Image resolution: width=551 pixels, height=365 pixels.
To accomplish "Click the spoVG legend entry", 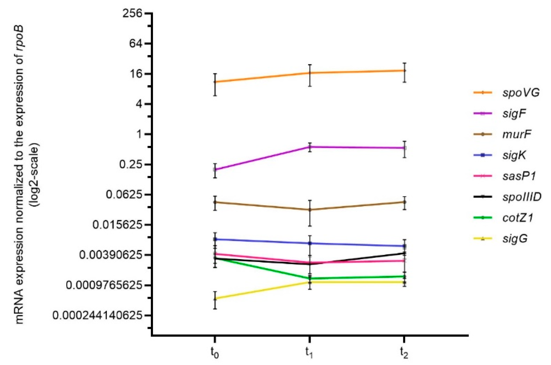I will click(x=521, y=93).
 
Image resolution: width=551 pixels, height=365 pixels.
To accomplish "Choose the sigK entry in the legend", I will click(x=514, y=155).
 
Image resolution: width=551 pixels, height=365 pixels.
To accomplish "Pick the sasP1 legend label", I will click(x=519, y=176).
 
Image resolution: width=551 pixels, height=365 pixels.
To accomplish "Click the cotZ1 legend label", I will click(x=517, y=218).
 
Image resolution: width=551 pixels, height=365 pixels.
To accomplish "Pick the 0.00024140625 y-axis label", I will click(x=97, y=315).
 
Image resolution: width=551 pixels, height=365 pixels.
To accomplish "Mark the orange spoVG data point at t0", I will click(x=215, y=82).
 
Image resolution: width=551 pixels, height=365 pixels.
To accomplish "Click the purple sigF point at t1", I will click(x=310, y=147).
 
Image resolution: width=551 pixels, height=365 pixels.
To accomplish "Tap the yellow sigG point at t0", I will click(x=215, y=298).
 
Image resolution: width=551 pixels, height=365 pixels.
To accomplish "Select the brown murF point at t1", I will click(x=310, y=210).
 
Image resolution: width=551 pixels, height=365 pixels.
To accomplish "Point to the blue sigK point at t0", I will click(x=215, y=239).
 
